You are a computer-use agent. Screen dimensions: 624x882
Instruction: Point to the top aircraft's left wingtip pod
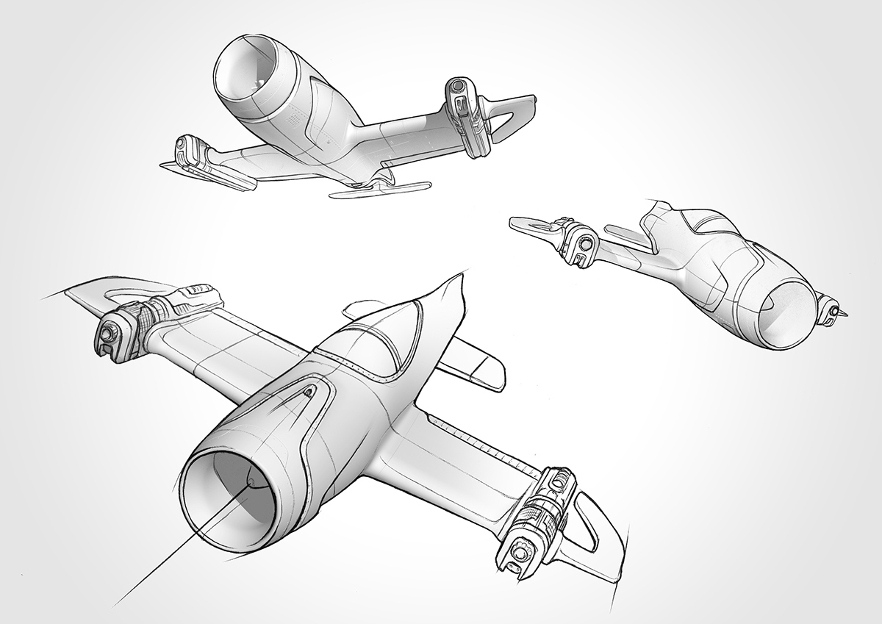coord(195,152)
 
